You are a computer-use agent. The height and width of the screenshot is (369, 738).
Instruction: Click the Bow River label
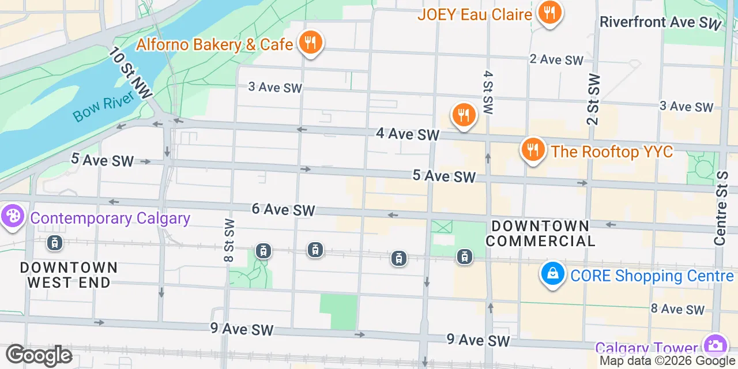[x=103, y=106]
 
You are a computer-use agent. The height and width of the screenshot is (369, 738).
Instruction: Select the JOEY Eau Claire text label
[x=475, y=14]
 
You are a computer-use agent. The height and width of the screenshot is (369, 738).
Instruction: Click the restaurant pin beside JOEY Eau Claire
[x=549, y=12]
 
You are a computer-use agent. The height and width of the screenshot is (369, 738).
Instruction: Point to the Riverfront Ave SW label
[x=661, y=22]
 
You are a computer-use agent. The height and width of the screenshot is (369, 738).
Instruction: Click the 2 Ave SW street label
[x=556, y=59]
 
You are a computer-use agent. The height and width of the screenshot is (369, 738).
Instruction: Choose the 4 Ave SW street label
[x=408, y=134]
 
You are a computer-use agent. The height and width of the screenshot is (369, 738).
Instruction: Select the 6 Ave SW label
[x=283, y=209]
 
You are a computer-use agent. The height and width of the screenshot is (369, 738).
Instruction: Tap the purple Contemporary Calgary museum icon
[x=11, y=217]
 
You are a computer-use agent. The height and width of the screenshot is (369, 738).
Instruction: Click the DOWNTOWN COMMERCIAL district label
[x=540, y=233]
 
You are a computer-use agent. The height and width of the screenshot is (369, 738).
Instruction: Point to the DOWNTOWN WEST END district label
[x=69, y=275]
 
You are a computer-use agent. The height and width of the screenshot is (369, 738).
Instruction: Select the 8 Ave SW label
[x=677, y=309]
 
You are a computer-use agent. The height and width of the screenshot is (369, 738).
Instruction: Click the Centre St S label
[x=720, y=208]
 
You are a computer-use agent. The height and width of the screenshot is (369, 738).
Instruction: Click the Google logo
[x=39, y=355]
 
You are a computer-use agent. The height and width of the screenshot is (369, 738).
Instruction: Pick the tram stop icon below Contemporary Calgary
[x=55, y=243]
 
